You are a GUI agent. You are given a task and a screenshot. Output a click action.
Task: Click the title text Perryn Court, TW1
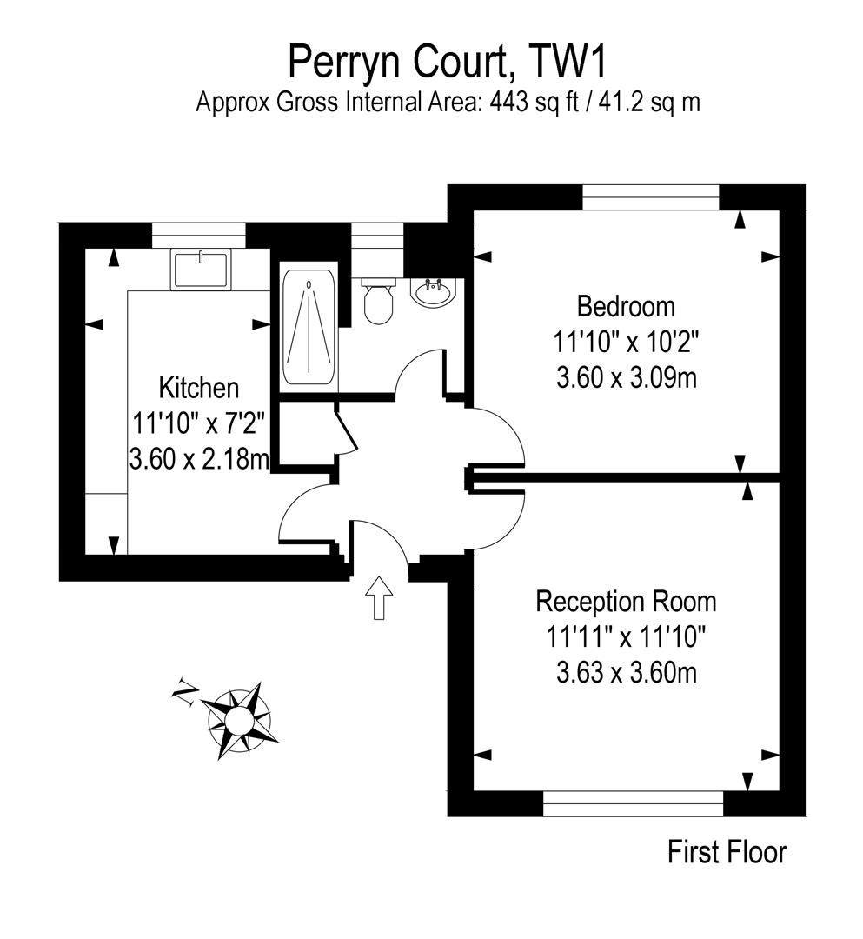click(x=448, y=63)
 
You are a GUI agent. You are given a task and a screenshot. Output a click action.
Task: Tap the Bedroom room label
click(x=626, y=306)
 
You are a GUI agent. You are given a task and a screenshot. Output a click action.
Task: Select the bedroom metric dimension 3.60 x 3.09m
click(x=626, y=378)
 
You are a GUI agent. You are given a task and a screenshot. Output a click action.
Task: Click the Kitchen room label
click(x=198, y=387)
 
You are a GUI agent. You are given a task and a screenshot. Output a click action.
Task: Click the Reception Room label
click(x=626, y=601)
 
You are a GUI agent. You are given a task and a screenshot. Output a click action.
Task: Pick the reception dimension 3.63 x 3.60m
click(x=626, y=673)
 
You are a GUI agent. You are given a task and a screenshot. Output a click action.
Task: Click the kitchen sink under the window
click(x=201, y=269)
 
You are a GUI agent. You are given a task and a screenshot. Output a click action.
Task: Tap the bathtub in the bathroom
click(x=309, y=329)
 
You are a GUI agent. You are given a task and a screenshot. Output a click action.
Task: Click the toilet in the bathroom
click(x=378, y=303)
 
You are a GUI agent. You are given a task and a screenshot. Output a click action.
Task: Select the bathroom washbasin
click(x=432, y=292)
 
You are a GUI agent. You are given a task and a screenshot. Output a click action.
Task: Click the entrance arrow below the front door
click(x=379, y=597)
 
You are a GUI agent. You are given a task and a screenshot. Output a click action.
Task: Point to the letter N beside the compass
click(x=184, y=692)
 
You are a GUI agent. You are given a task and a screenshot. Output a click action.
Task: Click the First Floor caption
click(x=727, y=852)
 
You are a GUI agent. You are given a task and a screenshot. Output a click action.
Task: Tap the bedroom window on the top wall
click(x=651, y=197)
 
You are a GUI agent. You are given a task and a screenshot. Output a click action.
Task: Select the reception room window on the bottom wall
click(x=633, y=803)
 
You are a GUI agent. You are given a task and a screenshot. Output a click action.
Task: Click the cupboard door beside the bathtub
click(x=343, y=430)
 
